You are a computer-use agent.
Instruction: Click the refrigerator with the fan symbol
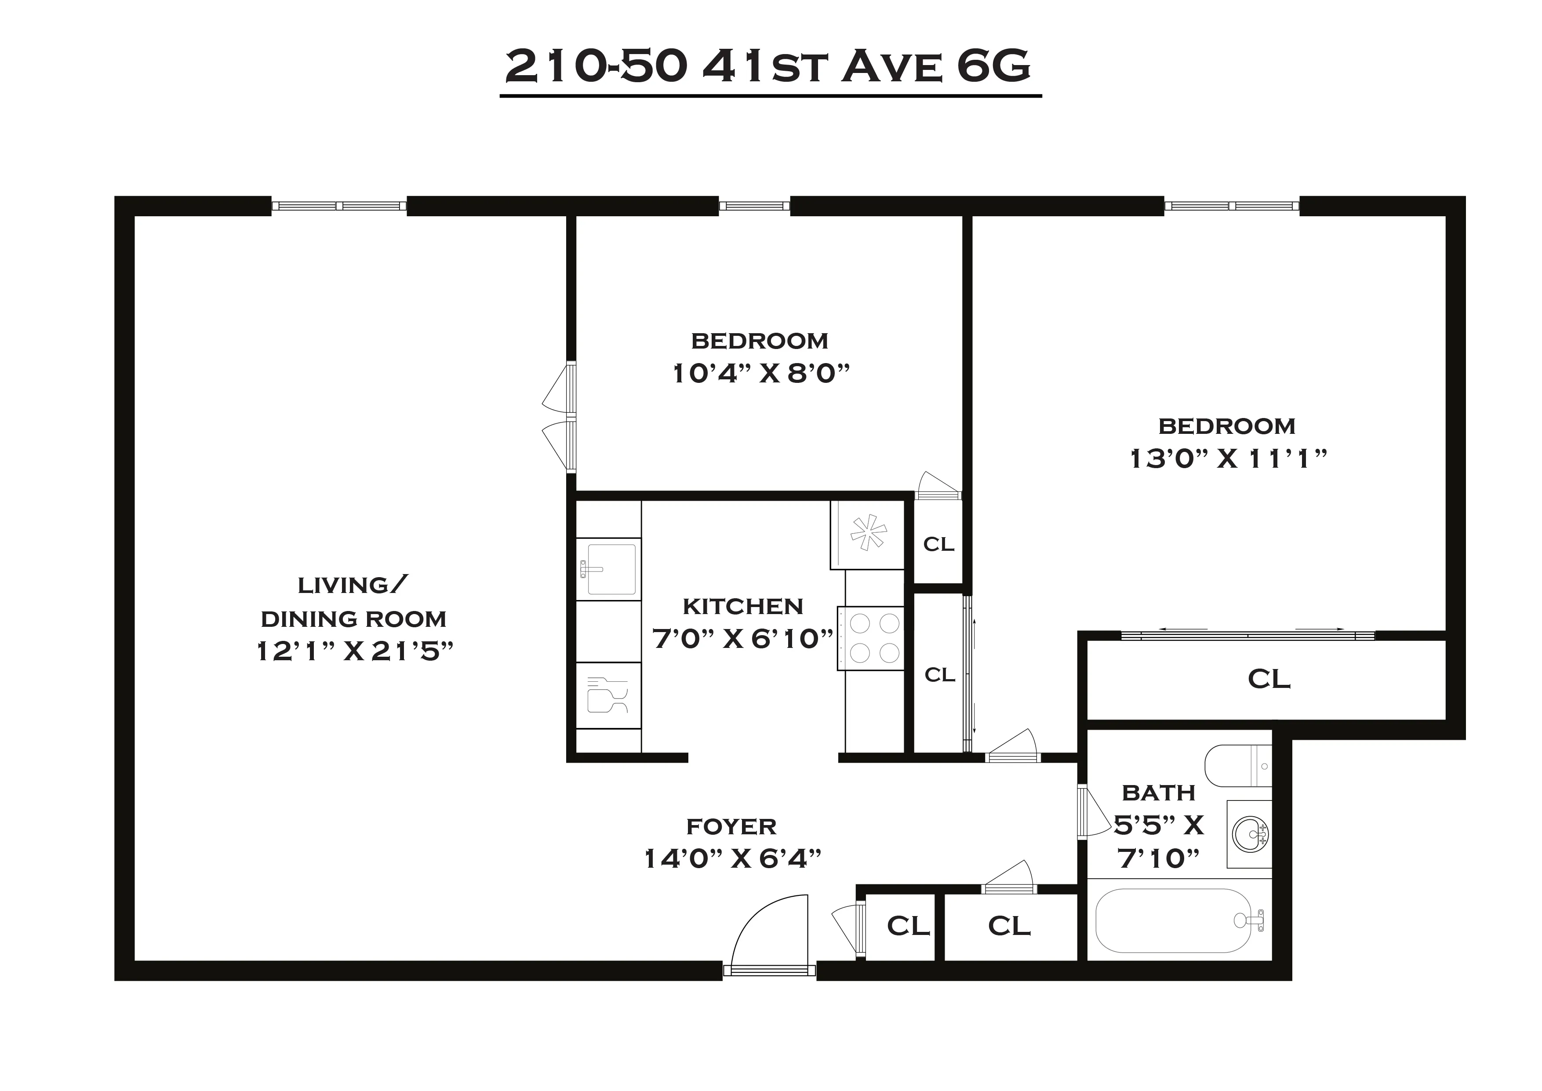(868, 534)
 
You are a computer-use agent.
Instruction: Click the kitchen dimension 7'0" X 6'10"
(743, 638)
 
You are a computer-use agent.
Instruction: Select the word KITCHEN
(743, 607)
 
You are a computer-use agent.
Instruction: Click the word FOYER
(731, 826)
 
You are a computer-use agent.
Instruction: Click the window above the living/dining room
(339, 206)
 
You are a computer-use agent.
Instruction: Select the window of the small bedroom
(754, 206)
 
